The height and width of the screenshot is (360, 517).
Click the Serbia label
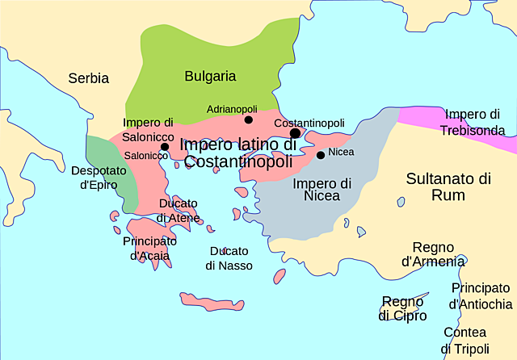(88, 79)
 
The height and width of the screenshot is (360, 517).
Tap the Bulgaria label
(210, 76)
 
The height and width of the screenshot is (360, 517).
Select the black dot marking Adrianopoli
(249, 120)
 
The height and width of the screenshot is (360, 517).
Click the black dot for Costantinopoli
(295, 133)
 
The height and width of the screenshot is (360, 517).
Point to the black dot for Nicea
(321, 155)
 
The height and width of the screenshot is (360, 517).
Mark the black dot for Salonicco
(165, 147)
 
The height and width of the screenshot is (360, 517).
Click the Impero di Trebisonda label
(477, 121)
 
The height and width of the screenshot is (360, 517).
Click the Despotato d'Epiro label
(99, 178)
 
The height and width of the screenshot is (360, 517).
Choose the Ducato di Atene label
(179, 210)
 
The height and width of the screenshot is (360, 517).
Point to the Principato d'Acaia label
(150, 249)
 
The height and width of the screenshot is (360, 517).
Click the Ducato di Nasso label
(229, 257)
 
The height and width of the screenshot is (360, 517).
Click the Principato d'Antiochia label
(481, 295)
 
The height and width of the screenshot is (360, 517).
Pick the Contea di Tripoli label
(464, 340)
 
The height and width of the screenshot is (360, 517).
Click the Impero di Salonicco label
(148, 129)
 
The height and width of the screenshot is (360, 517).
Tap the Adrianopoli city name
(232, 108)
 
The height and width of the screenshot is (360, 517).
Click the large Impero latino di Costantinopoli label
(239, 153)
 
